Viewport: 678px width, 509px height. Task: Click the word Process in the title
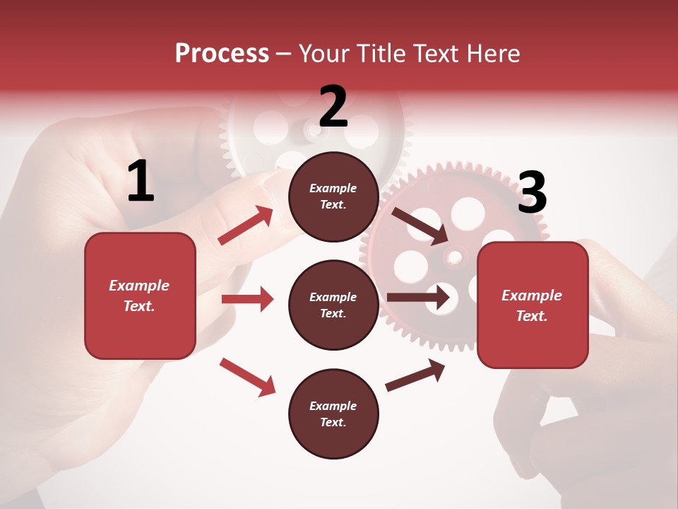click(x=222, y=54)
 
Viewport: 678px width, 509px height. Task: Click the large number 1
click(x=141, y=182)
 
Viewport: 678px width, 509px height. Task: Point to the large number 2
click(x=333, y=107)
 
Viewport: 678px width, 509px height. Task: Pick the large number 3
click(x=532, y=192)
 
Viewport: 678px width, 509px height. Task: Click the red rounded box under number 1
click(x=140, y=296)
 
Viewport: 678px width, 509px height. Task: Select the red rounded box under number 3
click(x=533, y=305)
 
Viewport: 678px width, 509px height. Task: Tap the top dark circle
click(x=333, y=197)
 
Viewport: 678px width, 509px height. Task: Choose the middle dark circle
click(x=333, y=305)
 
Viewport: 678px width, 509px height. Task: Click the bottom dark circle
click(x=333, y=414)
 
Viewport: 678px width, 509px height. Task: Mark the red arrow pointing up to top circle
click(x=246, y=225)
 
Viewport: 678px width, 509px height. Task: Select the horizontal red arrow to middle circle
click(x=247, y=299)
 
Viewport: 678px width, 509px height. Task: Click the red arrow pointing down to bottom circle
click(x=247, y=377)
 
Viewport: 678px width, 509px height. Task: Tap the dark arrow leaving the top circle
click(x=420, y=226)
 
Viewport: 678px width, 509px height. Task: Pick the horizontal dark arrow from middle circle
click(x=418, y=297)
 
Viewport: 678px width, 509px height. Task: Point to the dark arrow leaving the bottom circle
click(x=415, y=375)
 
